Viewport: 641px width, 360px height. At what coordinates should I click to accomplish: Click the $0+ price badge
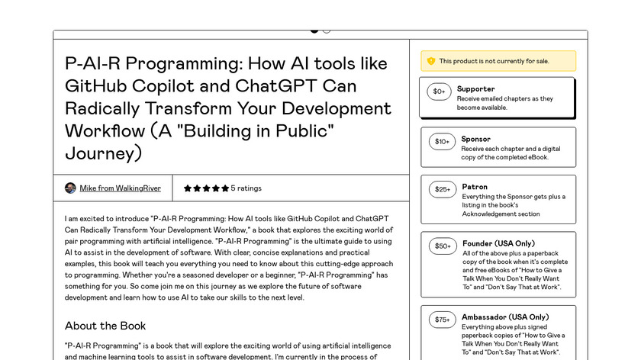[439, 92]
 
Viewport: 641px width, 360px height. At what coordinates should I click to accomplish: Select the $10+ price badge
[442, 141]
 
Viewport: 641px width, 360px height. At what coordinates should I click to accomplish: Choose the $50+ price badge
[442, 246]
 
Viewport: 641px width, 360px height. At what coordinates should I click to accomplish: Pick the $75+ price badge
[442, 320]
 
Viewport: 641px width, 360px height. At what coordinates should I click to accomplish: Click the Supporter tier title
[475, 89]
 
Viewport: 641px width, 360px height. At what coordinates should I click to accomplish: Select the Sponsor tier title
[475, 140]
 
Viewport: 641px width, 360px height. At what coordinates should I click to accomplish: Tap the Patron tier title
[474, 187]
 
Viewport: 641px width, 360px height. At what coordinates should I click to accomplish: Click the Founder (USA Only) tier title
[498, 244]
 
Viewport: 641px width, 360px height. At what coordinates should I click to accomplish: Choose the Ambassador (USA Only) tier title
[504, 317]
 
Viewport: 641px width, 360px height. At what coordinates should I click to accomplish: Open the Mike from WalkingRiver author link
[120, 188]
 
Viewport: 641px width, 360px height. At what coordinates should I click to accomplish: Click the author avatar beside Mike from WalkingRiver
[70, 188]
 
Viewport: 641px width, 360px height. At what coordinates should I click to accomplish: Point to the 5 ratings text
[246, 188]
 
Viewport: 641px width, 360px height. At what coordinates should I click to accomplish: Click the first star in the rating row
[188, 188]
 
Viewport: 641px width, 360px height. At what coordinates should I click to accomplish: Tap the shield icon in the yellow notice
[431, 61]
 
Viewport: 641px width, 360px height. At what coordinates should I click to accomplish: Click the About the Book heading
[105, 326]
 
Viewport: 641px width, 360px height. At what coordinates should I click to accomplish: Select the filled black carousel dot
[314, 30]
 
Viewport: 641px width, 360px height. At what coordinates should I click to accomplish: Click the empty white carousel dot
[327, 30]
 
